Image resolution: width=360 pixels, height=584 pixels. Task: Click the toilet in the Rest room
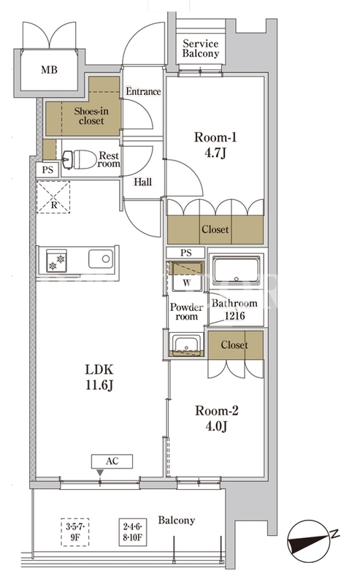tap(80, 160)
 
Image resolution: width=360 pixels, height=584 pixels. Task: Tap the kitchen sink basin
tap(101, 259)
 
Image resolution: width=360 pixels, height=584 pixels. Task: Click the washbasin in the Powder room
tap(186, 345)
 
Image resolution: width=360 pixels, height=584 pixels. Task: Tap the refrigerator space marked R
tap(53, 197)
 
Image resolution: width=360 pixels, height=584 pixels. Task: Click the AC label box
tap(112, 461)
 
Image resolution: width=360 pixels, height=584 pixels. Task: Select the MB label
tap(49, 69)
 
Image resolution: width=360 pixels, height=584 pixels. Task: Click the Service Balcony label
tap(201, 49)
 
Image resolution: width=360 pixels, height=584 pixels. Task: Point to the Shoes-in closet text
tap(91, 116)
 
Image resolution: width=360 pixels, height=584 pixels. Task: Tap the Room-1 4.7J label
tap(215, 145)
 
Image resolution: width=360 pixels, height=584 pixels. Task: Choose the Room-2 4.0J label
tap(217, 418)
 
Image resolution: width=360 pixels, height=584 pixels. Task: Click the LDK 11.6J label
tap(99, 377)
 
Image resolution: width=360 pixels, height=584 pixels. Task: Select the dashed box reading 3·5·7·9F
tap(75, 532)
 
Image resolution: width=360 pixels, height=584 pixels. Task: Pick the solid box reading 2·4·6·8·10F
tap(133, 532)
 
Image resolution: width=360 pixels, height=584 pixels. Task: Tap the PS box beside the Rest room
tap(47, 170)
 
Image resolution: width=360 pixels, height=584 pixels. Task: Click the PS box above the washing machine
tap(185, 253)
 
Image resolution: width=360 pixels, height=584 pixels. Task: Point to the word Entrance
tap(143, 91)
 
